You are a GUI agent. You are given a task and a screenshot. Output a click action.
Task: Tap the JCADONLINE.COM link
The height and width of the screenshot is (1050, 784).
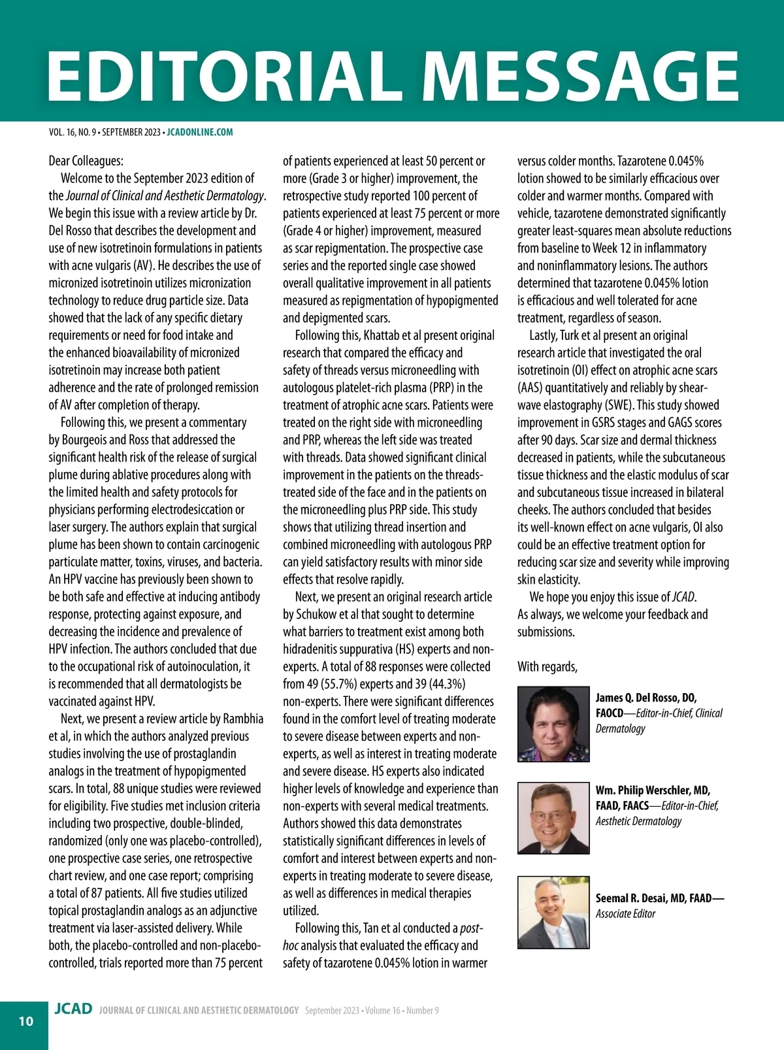tap(200, 132)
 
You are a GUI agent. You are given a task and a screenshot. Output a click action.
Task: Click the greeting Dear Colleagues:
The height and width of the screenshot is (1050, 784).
tap(86, 161)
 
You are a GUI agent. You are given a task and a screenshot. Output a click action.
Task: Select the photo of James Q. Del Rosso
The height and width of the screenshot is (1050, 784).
tap(553, 724)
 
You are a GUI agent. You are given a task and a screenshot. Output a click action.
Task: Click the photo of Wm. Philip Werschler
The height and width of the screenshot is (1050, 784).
tap(553, 818)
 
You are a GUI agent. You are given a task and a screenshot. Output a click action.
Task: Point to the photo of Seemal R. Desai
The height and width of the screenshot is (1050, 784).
tap(553, 912)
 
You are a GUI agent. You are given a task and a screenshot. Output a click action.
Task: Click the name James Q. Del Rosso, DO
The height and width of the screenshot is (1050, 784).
tap(645, 698)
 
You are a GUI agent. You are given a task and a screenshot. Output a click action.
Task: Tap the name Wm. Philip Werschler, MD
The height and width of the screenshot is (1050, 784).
tap(653, 790)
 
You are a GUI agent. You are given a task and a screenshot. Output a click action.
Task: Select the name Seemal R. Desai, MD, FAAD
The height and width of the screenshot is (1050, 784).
tap(659, 898)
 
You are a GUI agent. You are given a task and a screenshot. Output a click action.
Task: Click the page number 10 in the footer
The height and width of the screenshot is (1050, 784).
tap(25, 1021)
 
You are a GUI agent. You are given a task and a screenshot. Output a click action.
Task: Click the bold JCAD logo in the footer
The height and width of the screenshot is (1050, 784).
tap(73, 1009)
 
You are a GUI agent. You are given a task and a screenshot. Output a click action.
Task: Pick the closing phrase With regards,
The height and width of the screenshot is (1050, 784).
tap(547, 667)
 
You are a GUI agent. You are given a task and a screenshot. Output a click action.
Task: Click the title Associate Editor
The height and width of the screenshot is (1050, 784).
tap(625, 914)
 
